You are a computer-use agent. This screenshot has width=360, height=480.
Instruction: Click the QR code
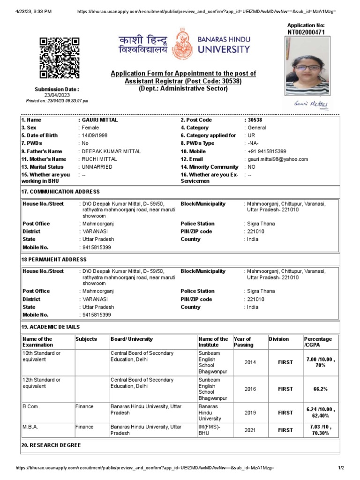pyautogui.click(x=59, y=58)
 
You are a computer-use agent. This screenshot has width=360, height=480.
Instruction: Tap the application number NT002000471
pyautogui.click(x=306, y=32)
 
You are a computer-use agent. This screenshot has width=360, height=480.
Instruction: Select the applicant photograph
pyautogui.click(x=307, y=66)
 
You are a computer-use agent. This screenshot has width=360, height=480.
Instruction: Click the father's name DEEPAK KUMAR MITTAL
pyautogui.click(x=111, y=151)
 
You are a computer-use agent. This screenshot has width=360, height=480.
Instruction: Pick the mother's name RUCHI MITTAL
pyautogui.click(x=100, y=159)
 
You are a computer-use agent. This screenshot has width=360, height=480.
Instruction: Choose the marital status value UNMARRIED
pyautogui.click(x=97, y=167)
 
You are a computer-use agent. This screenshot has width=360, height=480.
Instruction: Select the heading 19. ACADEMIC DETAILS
pyautogui.click(x=51, y=327)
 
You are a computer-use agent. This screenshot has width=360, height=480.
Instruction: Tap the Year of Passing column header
pyautogui.click(x=243, y=342)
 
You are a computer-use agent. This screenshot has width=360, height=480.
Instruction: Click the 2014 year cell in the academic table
pyautogui.click(x=250, y=362)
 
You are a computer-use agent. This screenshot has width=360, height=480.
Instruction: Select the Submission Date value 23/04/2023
pyautogui.click(x=57, y=95)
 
